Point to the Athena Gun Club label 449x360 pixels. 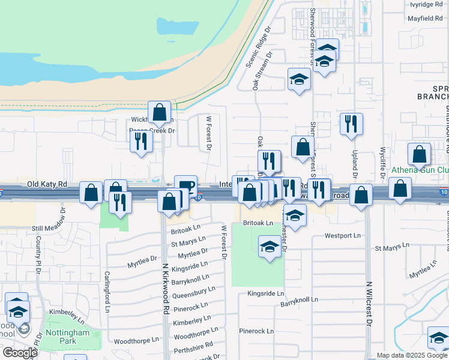tap(420, 170)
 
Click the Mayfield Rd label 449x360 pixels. tap(426, 19)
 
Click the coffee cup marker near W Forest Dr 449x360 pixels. tap(186, 184)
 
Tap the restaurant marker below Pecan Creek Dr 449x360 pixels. tap(141, 141)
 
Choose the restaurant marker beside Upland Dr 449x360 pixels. tap(351, 123)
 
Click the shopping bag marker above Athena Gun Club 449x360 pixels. tap(419, 154)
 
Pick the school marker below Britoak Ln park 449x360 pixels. tap(270, 245)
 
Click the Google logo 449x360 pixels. tap(20, 353)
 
